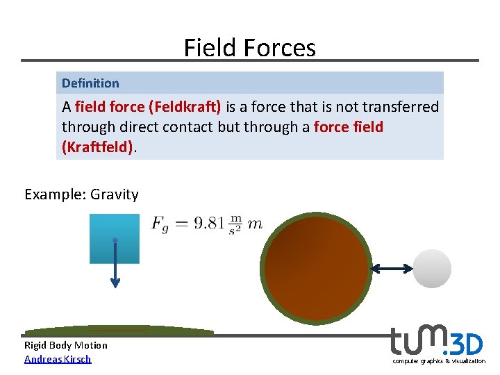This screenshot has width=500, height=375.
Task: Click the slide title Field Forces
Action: tap(249, 47)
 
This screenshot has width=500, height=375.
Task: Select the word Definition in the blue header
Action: tap(90, 83)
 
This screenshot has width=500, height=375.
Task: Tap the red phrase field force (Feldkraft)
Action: tap(148, 107)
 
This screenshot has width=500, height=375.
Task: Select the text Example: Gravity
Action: tap(81, 194)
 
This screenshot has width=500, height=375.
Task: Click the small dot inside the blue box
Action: tap(115, 240)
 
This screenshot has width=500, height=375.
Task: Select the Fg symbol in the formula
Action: tap(160, 224)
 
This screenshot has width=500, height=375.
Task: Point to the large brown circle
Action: tap(317, 268)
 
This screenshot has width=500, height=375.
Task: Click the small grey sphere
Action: tap(432, 269)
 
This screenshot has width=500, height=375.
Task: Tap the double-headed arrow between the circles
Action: tap(392, 269)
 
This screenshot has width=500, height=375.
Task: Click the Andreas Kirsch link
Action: tap(58, 359)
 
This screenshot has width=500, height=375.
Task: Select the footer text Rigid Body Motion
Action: tap(66, 345)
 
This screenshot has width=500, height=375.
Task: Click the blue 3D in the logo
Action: tap(466, 344)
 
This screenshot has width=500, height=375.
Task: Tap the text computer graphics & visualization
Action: tap(439, 361)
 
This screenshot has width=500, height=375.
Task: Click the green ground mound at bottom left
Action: tap(118, 331)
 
